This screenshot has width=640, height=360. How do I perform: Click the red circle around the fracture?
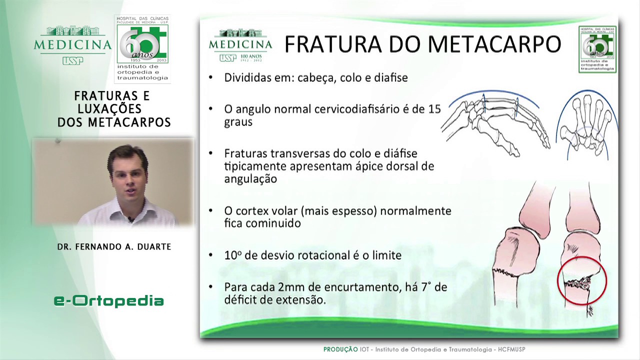(581, 281)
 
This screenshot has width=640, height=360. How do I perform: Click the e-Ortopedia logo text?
(108, 300)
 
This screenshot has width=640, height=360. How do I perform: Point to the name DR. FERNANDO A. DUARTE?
(114, 246)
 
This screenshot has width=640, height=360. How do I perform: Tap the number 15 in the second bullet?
(434, 109)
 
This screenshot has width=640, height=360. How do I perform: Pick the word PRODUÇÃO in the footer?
(340, 349)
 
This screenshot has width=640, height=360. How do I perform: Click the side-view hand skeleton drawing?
(495, 122)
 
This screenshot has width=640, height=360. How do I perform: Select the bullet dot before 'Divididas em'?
(211, 77)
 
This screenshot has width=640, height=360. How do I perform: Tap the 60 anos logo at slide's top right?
(597, 49)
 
